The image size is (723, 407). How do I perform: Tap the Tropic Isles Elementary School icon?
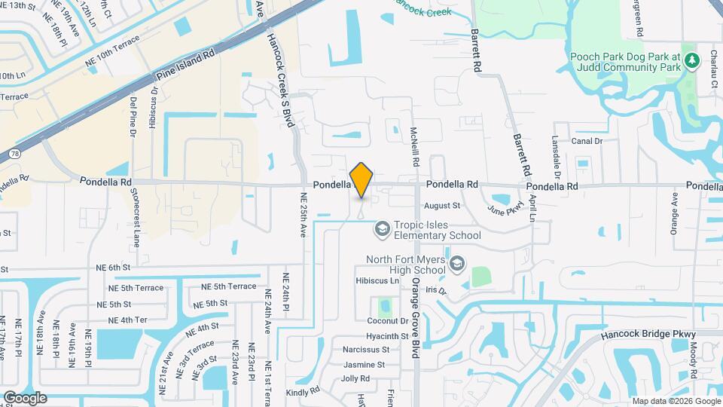pyautogui.click(x=383, y=228)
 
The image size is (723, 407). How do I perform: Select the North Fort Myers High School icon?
pyautogui.click(x=457, y=263)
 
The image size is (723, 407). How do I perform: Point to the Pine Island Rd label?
pyautogui.click(x=185, y=66)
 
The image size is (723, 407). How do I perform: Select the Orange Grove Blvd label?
pyautogui.click(x=414, y=317)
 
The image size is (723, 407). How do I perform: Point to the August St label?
pyautogui.click(x=442, y=205)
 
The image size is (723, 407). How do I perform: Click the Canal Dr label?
pyautogui.click(x=587, y=141)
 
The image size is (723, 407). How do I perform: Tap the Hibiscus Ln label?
pyautogui.click(x=377, y=280)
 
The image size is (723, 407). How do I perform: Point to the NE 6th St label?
pyautogui.click(x=113, y=267)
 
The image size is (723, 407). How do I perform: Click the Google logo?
pyautogui.click(x=25, y=397)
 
